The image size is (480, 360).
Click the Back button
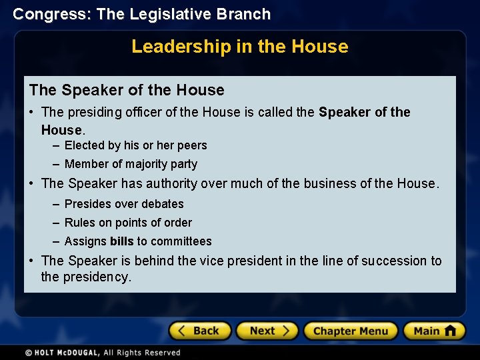coord(200,331)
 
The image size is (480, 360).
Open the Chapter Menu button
coord(351,331)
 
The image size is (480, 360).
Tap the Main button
coord(434,331)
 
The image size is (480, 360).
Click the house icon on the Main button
coord(451,330)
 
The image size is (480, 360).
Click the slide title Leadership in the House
coord(240,47)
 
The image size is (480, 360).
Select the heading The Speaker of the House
coord(127,90)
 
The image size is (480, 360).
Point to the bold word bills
coord(122,241)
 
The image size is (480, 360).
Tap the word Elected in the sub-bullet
coord(85,145)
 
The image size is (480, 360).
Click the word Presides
coord(87,204)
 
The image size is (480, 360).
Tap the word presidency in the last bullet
coord(95,277)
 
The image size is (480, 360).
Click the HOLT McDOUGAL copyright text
coord(103,353)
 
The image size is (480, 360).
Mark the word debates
coord(162,204)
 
